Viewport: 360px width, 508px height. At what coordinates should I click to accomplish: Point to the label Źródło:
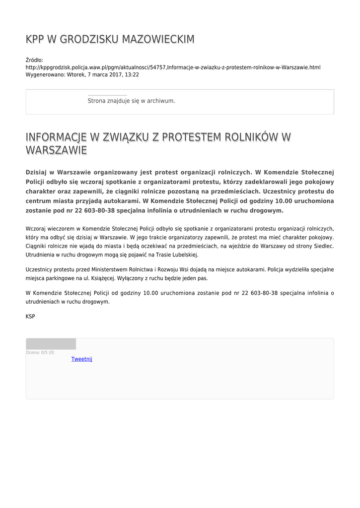pos(34,60)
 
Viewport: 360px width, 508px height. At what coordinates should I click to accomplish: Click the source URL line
pos(173,67)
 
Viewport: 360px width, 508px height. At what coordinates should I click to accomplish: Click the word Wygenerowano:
pos(43,75)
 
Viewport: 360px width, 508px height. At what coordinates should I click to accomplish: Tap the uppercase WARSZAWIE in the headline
pos(56,150)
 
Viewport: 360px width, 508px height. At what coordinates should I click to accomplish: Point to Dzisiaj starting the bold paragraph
pos(39,173)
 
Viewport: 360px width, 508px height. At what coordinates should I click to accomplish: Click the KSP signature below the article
pos(30,316)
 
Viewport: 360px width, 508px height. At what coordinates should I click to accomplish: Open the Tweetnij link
pos(82,359)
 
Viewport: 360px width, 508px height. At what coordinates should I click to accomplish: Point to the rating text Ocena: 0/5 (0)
pos(40,352)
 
